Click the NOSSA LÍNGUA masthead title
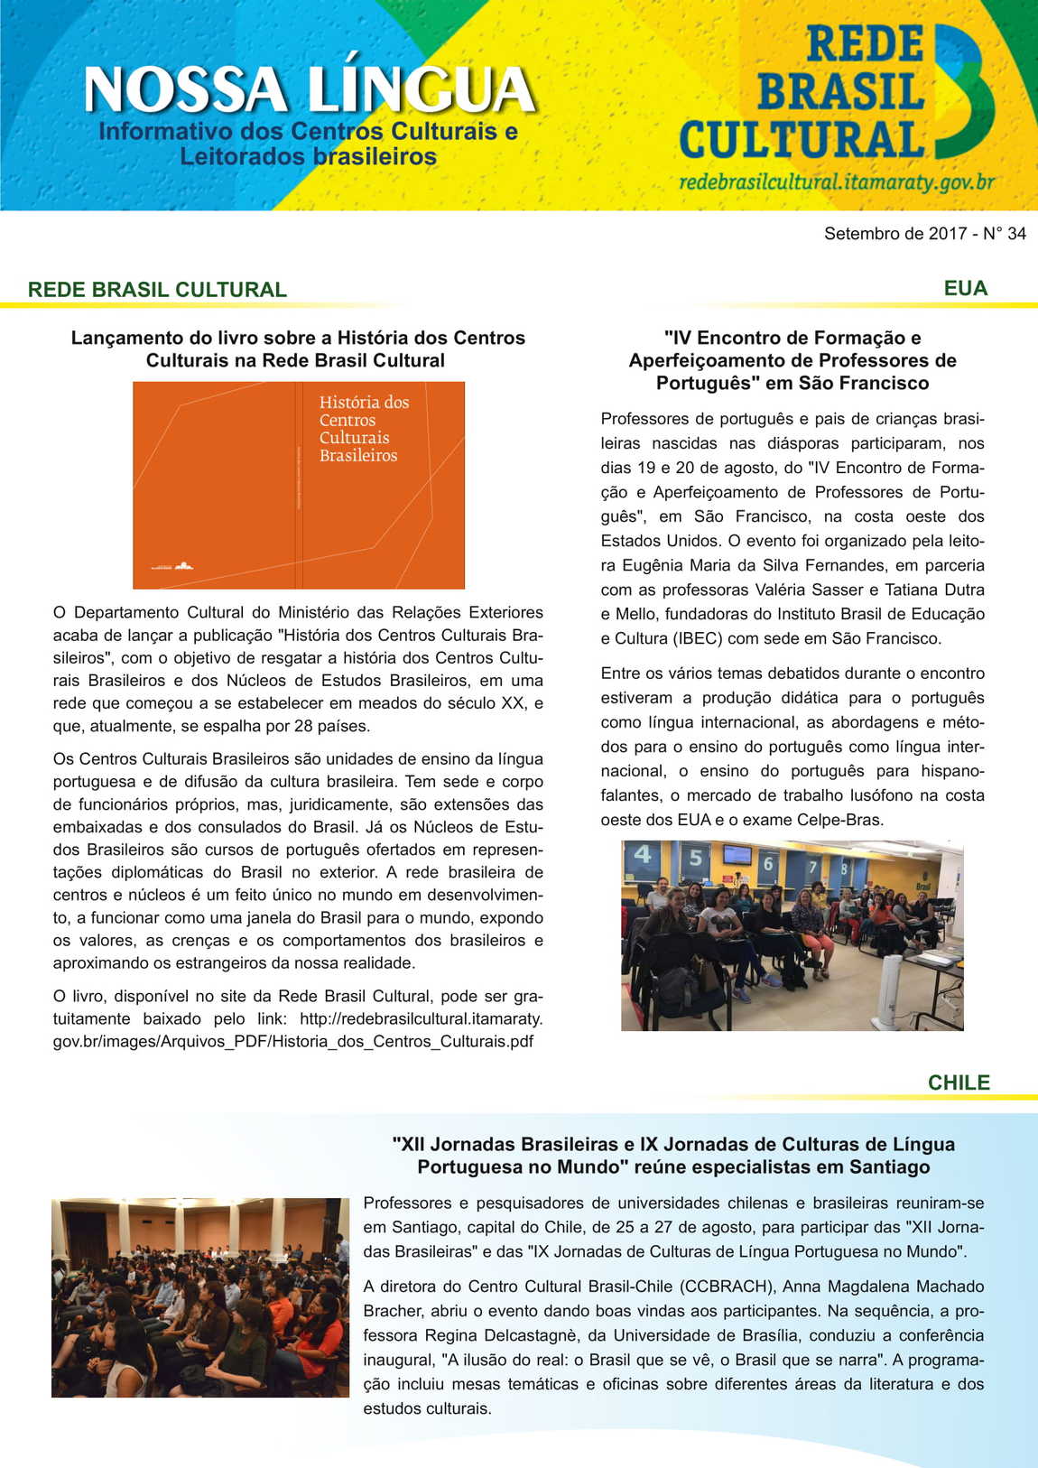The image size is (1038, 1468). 309,89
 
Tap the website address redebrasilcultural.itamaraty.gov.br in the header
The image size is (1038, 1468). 836,182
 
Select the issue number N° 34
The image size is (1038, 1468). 1005,234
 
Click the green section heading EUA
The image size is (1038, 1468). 965,288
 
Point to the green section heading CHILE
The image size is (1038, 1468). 959,1082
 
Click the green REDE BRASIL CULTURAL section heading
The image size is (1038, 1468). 157,290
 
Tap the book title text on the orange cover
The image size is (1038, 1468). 363,429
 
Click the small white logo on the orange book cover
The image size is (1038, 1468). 183,566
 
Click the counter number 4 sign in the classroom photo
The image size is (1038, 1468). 643,854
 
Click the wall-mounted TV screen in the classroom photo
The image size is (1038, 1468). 737,854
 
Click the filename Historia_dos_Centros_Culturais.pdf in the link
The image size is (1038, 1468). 401,1041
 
